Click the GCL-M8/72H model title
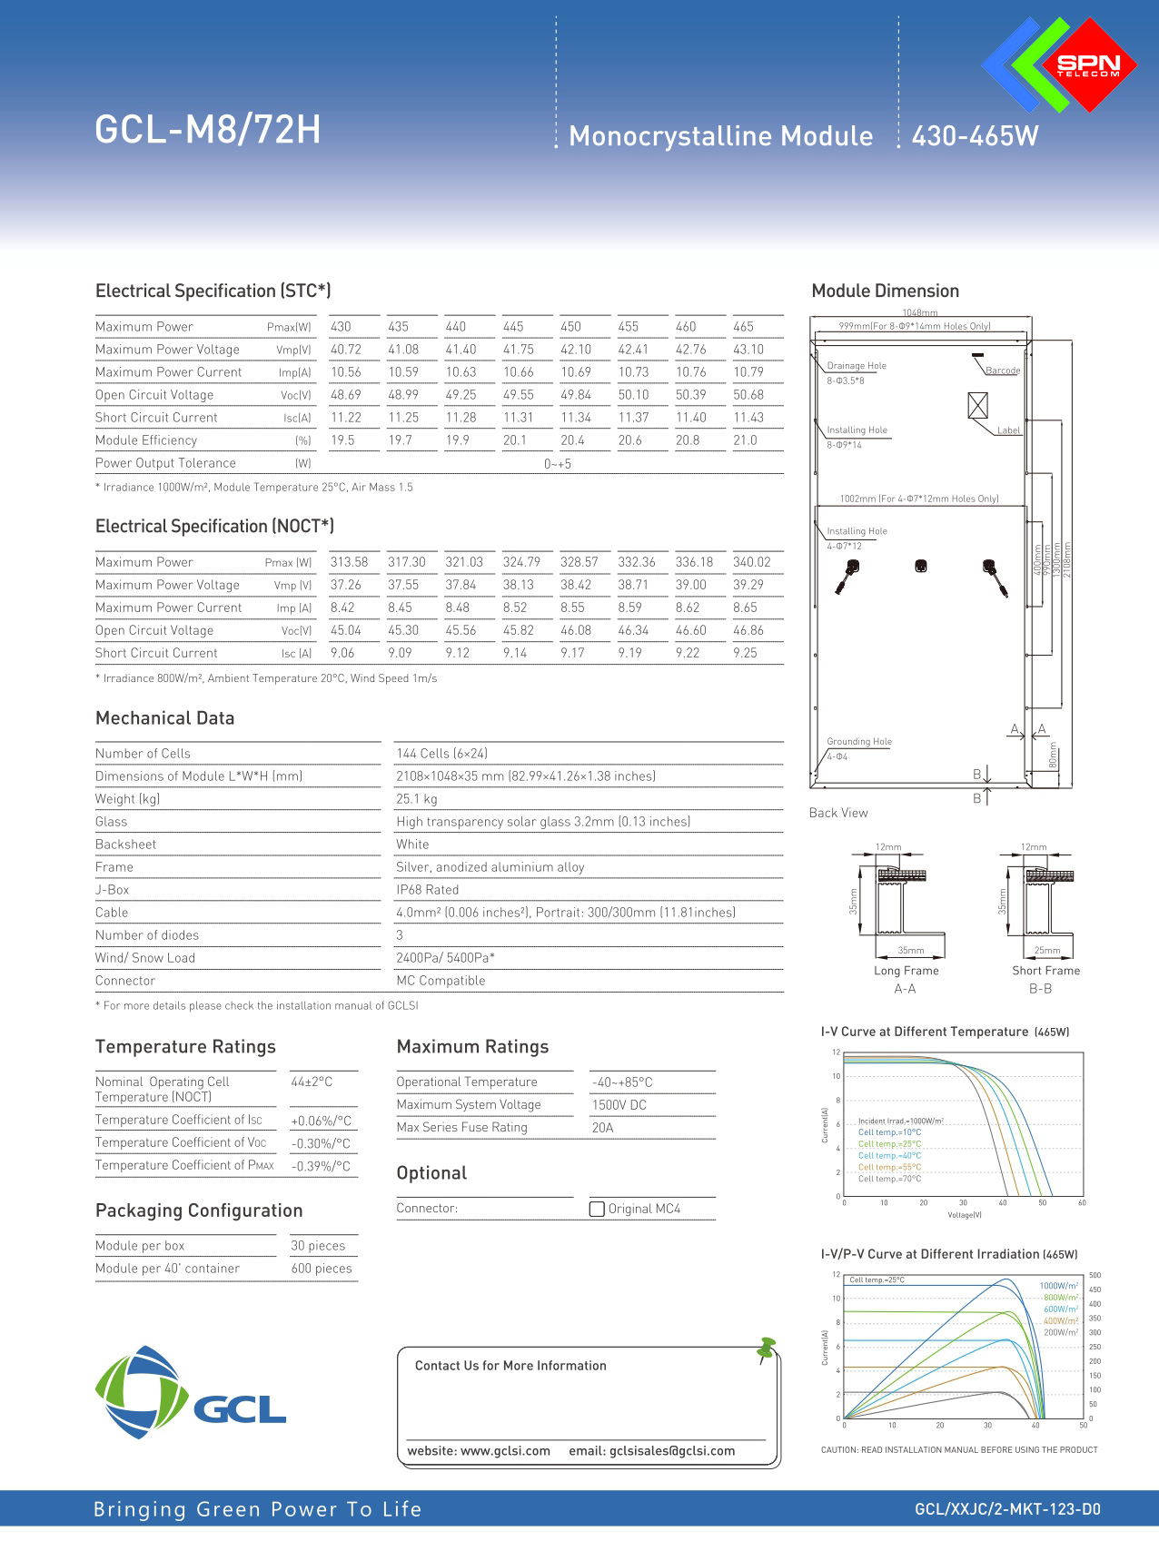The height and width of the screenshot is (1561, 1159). [208, 130]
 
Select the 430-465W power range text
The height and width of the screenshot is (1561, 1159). [975, 136]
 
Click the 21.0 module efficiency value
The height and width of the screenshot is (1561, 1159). [745, 440]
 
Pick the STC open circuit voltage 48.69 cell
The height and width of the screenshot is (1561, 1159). [345, 395]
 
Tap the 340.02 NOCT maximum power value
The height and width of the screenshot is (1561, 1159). [751, 562]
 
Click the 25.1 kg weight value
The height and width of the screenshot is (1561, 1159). [416, 799]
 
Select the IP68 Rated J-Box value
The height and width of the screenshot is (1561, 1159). [427, 890]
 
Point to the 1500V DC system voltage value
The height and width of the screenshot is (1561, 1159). [619, 1105]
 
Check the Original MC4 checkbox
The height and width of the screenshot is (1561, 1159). [597, 1209]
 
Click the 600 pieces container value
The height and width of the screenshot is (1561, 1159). [322, 1269]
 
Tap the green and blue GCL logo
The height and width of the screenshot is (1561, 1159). [190, 1393]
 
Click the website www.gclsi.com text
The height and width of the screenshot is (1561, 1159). [479, 1451]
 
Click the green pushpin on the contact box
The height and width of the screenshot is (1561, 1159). [766, 1349]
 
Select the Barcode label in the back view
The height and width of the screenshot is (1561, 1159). [1003, 370]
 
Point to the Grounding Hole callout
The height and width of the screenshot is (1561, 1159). [858, 742]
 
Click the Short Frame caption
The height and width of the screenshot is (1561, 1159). [1045, 971]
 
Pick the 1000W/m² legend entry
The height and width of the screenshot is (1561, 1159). [1058, 1286]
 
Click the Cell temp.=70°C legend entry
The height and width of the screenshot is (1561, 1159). [889, 1179]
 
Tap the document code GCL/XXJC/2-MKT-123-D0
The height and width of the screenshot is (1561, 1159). [1007, 1509]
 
